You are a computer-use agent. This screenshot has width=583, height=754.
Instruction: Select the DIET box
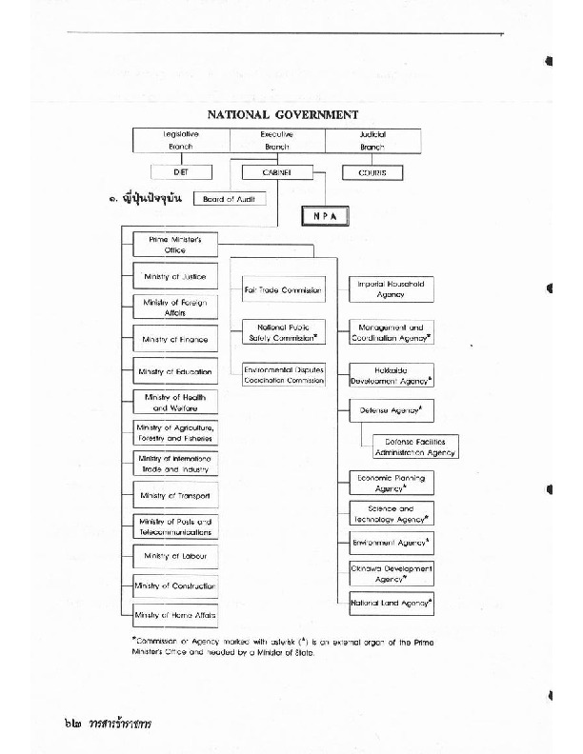tap(182, 173)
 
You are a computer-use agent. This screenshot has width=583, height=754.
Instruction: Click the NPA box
tap(325, 216)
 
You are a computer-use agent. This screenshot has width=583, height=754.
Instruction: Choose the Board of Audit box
tap(230, 199)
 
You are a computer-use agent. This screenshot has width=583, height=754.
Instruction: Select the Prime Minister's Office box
tap(175, 245)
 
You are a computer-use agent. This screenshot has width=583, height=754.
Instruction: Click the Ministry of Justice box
tap(175, 276)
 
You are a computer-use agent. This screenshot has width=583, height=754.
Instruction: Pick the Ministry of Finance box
tap(175, 339)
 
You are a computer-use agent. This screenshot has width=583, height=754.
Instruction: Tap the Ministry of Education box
tap(175, 371)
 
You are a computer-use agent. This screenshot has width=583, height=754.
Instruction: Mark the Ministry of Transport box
tap(175, 496)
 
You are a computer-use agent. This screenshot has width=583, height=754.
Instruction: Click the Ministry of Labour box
tap(175, 555)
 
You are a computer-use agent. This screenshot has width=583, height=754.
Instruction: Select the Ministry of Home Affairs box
tap(175, 616)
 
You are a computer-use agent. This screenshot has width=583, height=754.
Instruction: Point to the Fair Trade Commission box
tap(284, 289)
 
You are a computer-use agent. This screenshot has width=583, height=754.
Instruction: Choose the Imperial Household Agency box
tap(391, 289)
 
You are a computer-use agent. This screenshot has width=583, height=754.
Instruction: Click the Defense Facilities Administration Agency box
tap(409, 446)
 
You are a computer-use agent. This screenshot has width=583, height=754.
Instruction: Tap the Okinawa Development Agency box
tap(391, 573)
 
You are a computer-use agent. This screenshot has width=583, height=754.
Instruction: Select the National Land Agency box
tap(391, 604)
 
